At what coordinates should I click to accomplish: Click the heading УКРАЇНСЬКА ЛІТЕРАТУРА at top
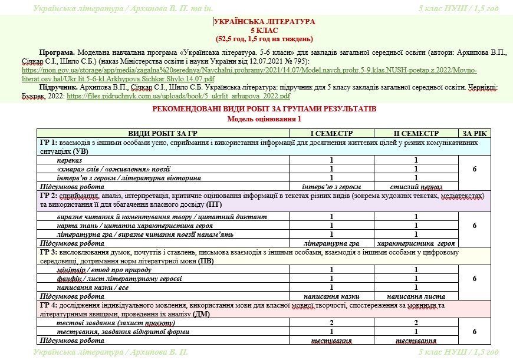point(264,22)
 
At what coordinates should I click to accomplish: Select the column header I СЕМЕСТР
point(331,134)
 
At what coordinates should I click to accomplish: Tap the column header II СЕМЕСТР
point(416,134)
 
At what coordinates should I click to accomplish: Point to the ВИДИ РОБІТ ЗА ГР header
point(163,134)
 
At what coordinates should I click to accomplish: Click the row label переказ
point(70,160)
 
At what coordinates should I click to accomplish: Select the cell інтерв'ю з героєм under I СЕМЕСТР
point(331,187)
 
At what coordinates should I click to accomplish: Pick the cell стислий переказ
point(416,187)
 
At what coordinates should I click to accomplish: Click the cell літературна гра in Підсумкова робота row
point(331,243)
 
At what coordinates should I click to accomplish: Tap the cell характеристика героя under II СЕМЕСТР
point(416,243)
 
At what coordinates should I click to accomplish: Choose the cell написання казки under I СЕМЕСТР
point(331,296)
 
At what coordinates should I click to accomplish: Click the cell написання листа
point(416,296)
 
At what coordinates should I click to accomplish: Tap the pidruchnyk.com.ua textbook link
point(179,95)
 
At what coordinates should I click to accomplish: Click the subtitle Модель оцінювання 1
point(264,118)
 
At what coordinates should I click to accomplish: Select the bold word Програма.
point(57,53)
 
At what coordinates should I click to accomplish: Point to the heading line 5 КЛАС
point(264,30)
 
